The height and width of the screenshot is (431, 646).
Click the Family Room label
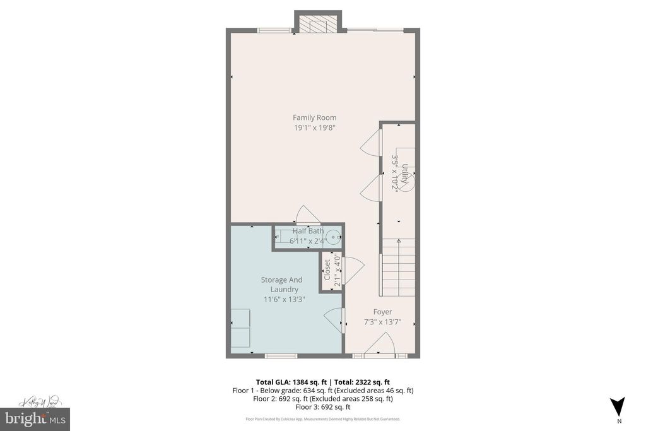click(x=314, y=117)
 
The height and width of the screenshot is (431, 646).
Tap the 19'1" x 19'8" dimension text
click(x=314, y=127)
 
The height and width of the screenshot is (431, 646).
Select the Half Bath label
click(x=308, y=231)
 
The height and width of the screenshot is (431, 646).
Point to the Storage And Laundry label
click(x=281, y=285)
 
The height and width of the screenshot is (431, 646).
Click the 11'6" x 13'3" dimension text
click(x=284, y=299)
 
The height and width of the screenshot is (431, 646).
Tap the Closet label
click(x=327, y=270)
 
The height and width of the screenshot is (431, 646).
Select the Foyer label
click(x=382, y=312)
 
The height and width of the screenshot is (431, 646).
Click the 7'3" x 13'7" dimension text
click(x=382, y=322)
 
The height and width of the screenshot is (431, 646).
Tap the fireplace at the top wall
click(x=318, y=24)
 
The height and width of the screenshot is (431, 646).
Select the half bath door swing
click(x=308, y=215)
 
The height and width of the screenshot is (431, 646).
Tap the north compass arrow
click(x=618, y=406)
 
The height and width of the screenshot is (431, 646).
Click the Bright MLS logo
click(x=35, y=418)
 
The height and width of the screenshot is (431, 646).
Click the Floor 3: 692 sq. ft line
click(x=322, y=407)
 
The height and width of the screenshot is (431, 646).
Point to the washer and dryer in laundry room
click(x=240, y=328)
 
